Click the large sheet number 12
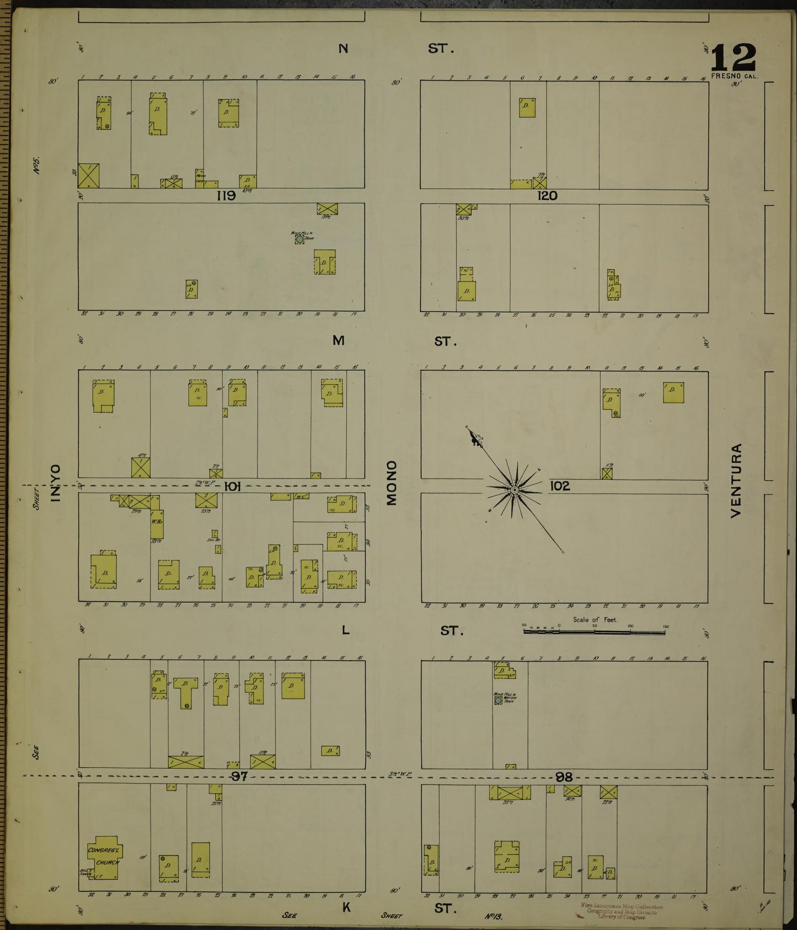coord(733,57)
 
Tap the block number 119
coord(226,195)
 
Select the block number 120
coord(547,195)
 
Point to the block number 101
coord(232,486)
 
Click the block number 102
coord(559,486)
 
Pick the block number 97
coord(239,777)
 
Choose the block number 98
coord(564,777)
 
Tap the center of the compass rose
coord(514,490)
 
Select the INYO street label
coord(55,482)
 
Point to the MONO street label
coord(392,482)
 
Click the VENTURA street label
coord(736,480)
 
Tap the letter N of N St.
coord(343,49)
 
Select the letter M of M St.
coord(339,341)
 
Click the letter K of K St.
coord(346,907)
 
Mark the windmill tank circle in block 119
coord(299,240)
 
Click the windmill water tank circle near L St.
coord(498,700)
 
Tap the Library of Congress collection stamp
coord(621,911)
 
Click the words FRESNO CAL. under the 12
coord(735,76)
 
